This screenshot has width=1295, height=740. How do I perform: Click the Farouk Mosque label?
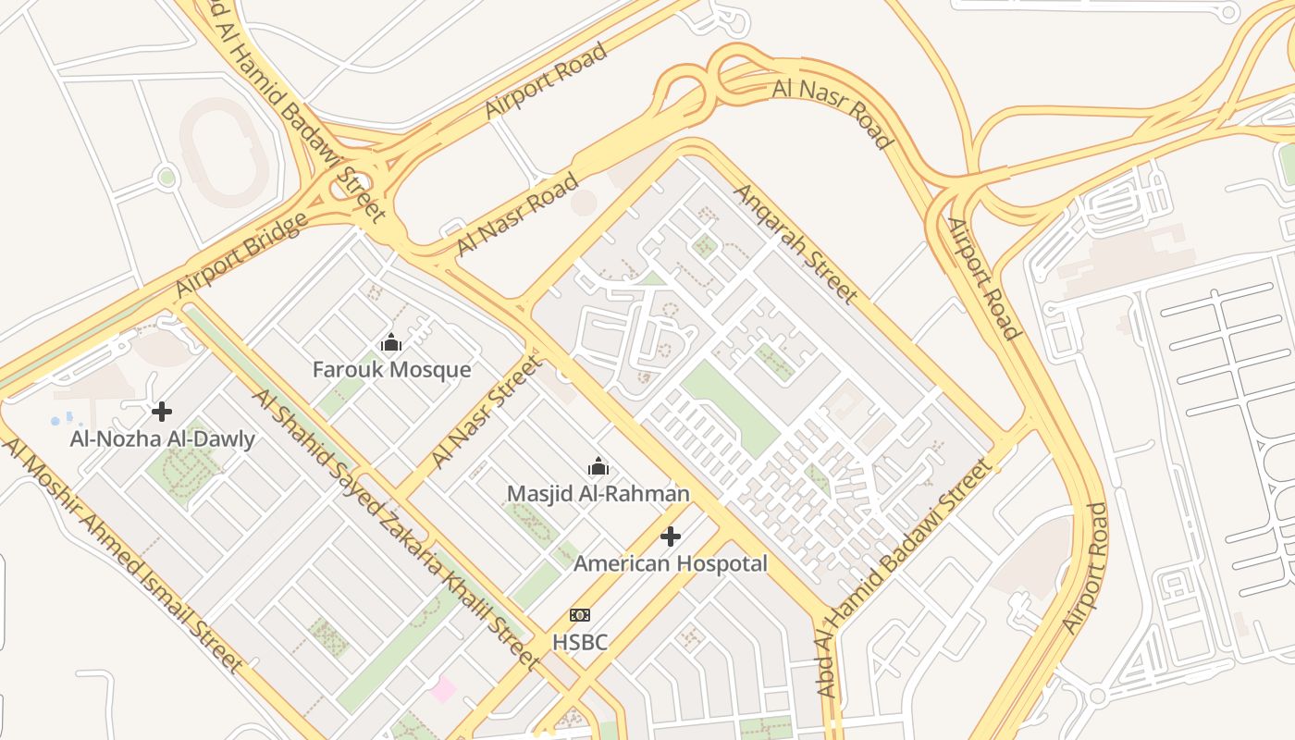click(x=391, y=370)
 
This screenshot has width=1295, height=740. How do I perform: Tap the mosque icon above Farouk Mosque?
click(x=391, y=343)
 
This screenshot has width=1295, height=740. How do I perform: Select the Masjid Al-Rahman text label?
click(x=598, y=494)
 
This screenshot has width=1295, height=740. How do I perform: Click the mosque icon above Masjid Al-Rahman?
click(x=598, y=466)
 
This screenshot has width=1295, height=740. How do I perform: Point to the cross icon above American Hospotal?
click(x=671, y=536)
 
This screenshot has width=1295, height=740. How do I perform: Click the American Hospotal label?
click(x=671, y=563)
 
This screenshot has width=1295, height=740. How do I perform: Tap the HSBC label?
click(x=580, y=641)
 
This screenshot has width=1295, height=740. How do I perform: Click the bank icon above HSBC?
click(x=580, y=615)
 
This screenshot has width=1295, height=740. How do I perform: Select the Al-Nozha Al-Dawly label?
click(x=163, y=439)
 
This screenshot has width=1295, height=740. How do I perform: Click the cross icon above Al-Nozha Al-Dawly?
click(x=163, y=411)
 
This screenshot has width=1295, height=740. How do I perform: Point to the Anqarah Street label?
click(x=795, y=243)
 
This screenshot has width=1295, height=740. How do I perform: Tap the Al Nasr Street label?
click(x=486, y=412)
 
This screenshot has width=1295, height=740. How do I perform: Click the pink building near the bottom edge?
click(x=443, y=689)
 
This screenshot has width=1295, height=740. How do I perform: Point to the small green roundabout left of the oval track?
click(x=166, y=176)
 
